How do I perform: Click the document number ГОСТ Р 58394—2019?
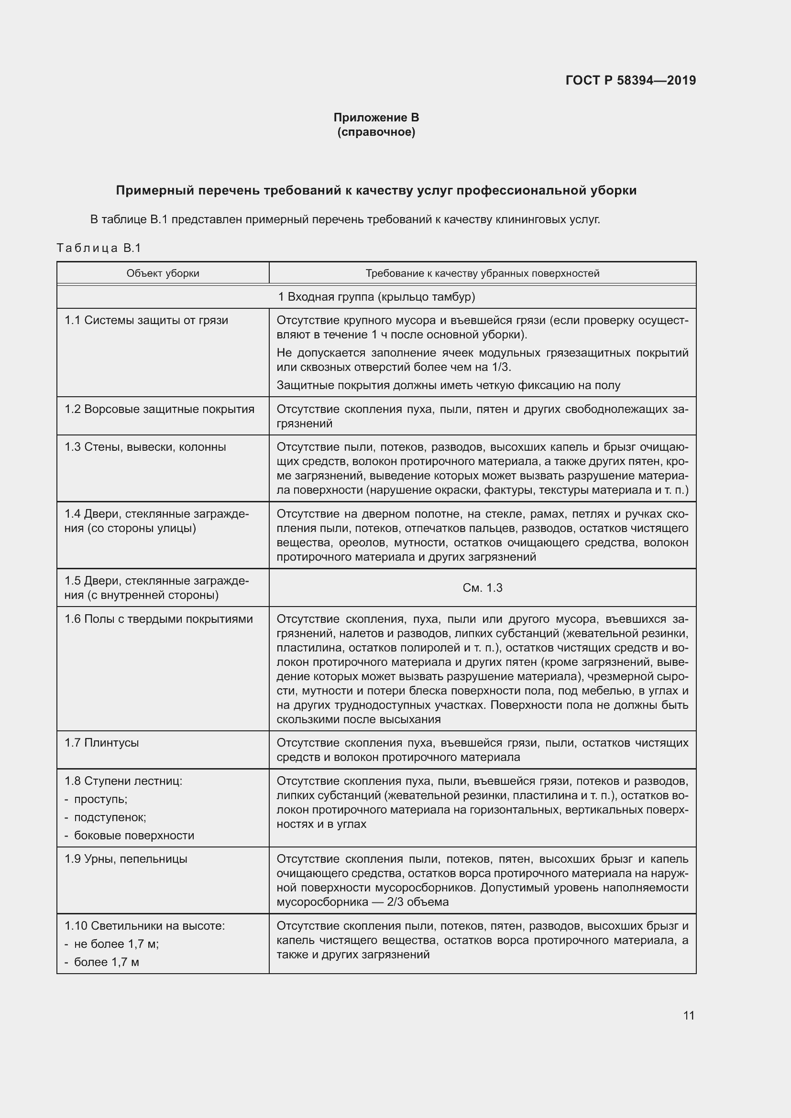click(630, 80)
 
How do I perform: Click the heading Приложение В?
click(376, 118)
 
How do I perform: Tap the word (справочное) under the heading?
click(376, 132)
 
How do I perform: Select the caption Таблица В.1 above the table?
click(99, 249)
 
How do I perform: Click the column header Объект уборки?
click(163, 273)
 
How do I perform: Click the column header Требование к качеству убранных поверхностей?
click(482, 273)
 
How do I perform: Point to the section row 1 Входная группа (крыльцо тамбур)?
click(376, 296)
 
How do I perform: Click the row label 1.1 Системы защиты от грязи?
click(146, 320)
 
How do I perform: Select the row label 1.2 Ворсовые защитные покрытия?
click(159, 409)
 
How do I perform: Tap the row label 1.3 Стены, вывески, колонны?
click(145, 447)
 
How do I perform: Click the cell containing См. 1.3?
click(482, 588)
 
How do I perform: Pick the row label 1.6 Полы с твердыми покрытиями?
click(159, 619)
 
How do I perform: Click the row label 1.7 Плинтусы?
click(102, 743)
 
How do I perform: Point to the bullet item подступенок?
click(110, 817)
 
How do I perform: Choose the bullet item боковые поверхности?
click(134, 836)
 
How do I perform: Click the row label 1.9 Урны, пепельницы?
click(126, 859)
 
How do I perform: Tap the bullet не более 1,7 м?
click(116, 944)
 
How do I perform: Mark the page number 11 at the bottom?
click(688, 1015)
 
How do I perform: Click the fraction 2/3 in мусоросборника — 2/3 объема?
click(398, 902)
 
